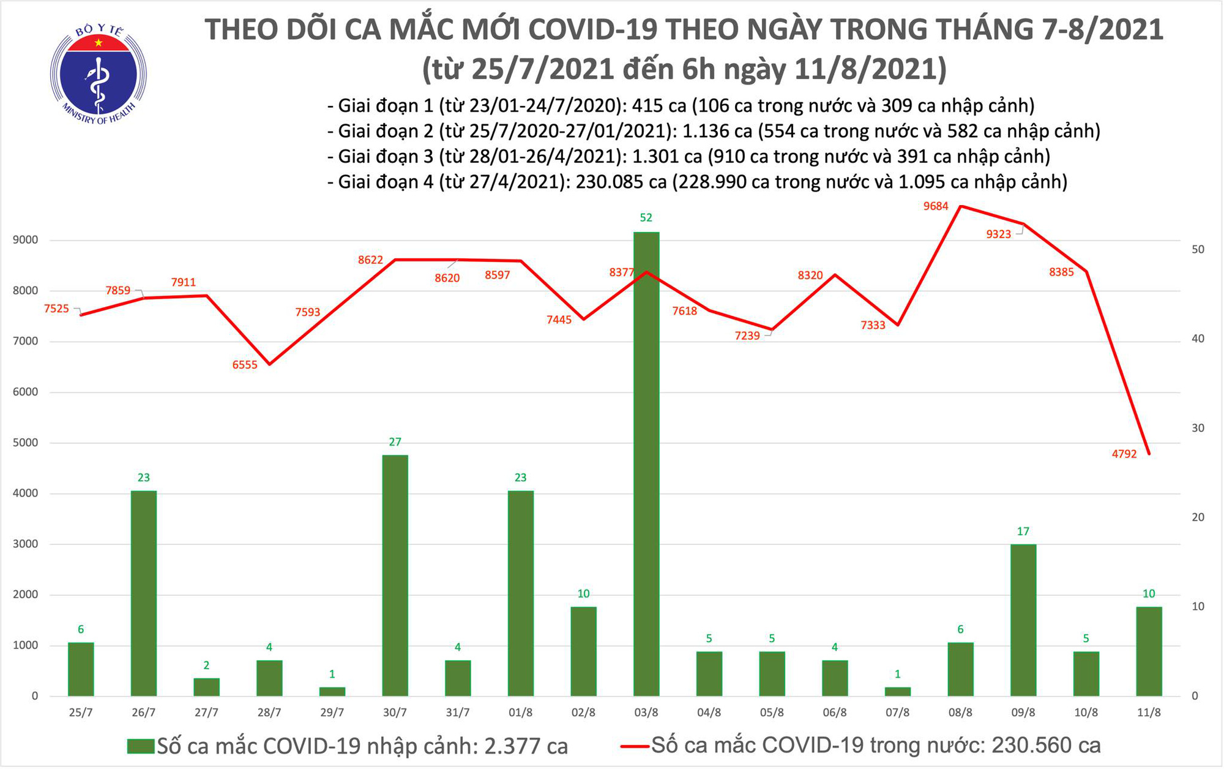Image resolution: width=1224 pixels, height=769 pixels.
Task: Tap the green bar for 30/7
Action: point(395,575)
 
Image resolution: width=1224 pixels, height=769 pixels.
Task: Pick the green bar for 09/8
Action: point(1023,620)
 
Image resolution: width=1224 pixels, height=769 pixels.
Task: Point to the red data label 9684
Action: point(936,206)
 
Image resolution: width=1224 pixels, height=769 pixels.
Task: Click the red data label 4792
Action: point(1124,454)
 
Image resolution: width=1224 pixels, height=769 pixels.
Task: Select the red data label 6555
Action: point(245,365)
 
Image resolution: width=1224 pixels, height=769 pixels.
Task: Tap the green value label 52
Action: point(646,217)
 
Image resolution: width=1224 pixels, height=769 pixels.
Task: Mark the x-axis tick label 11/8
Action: point(1149,713)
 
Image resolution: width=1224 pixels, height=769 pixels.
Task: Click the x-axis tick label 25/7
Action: point(81,713)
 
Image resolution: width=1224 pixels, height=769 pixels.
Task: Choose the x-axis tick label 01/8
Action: point(520,713)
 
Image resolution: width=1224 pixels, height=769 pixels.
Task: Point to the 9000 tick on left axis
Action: point(25,240)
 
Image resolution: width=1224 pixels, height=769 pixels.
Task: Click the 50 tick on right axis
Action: point(1198,249)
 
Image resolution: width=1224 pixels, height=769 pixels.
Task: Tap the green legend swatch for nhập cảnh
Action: point(140,746)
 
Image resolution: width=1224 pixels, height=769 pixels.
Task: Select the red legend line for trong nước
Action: point(635,746)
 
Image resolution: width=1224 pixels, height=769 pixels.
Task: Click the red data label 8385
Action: point(1061,272)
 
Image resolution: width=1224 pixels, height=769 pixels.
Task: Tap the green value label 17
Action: point(1023,531)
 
